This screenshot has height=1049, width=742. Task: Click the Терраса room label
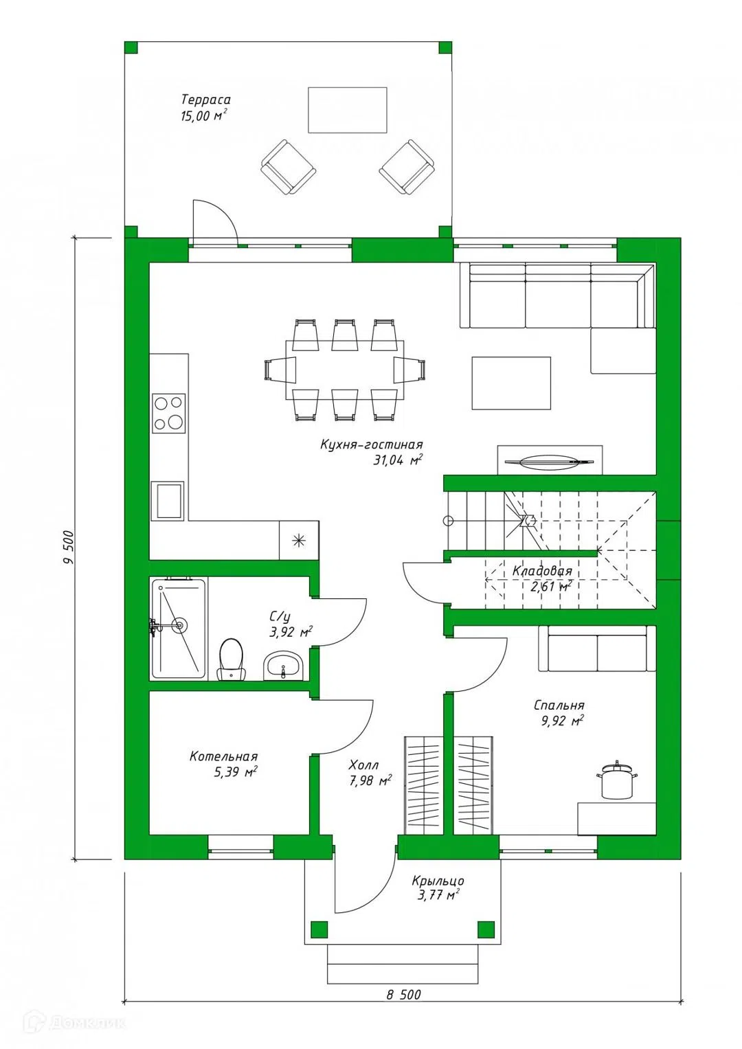coord(206,100)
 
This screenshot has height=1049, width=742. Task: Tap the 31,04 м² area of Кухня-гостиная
coord(398,460)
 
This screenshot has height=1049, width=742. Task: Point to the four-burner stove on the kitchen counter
coord(168,413)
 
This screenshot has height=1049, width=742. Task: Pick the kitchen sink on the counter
coord(167,501)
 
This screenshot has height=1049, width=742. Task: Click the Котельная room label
coord(223,756)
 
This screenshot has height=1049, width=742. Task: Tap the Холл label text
coord(363,765)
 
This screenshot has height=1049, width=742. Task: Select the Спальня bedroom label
coord(559,705)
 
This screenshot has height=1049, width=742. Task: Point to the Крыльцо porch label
coord(438,881)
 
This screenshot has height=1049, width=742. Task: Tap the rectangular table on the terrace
coord(347,110)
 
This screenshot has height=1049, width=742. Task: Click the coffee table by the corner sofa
coord(511,383)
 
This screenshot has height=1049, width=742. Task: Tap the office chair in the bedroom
coord(617,780)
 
